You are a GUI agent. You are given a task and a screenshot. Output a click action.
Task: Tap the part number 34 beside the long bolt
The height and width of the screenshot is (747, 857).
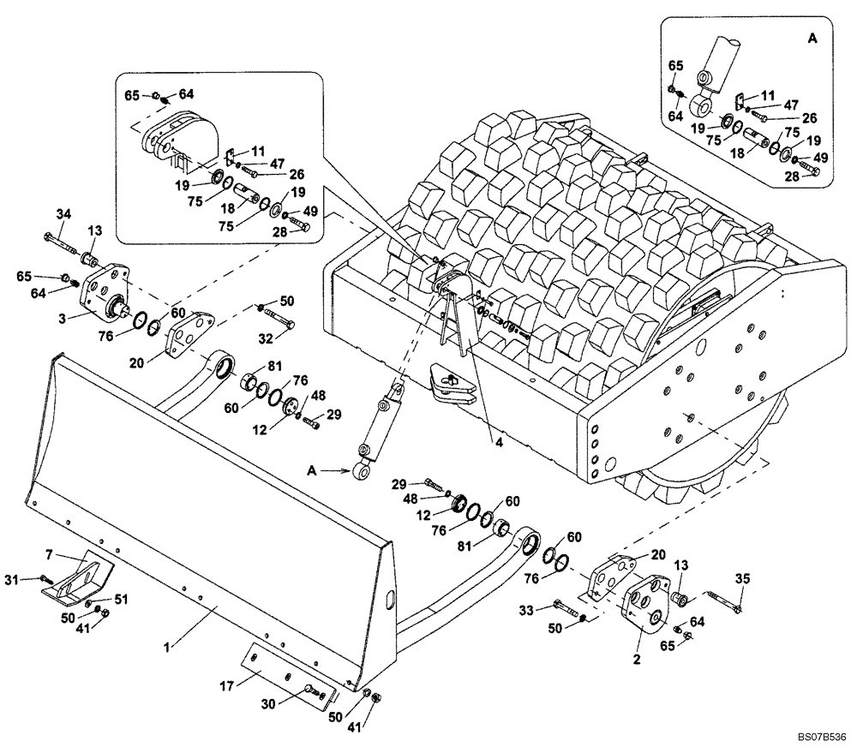click(63, 213)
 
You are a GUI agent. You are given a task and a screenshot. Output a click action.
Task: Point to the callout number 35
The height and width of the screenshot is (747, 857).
click(742, 579)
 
